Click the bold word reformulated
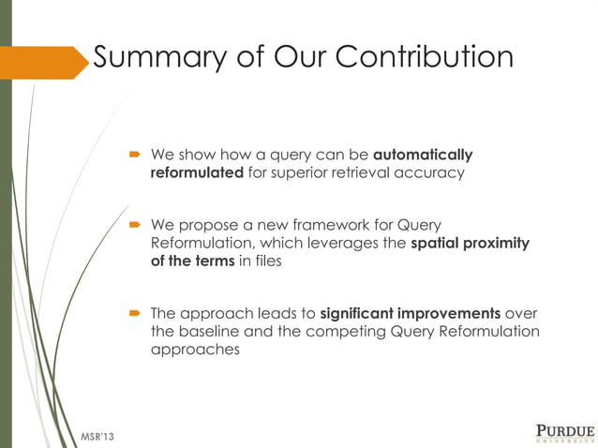(x=197, y=173)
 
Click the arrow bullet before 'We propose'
(x=135, y=225)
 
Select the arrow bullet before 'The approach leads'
(x=135, y=313)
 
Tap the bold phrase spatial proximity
(x=470, y=244)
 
